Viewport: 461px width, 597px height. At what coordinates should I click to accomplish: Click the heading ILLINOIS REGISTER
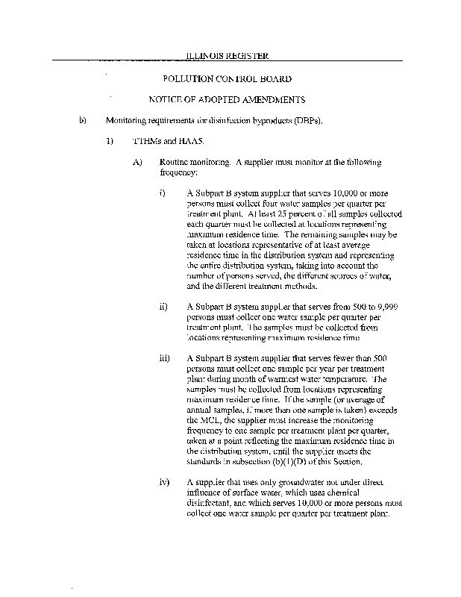(227, 55)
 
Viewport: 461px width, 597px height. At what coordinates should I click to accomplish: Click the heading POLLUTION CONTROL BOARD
(227, 79)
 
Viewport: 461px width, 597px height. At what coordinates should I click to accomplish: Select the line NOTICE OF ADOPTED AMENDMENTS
(227, 99)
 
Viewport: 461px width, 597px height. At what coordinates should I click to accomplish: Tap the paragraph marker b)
(84, 120)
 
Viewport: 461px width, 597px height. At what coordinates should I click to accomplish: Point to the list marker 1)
(109, 140)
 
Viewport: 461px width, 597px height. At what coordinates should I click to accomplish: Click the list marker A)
(137, 161)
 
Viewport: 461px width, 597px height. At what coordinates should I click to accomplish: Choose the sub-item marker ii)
(163, 307)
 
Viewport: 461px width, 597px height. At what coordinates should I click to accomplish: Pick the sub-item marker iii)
(165, 358)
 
